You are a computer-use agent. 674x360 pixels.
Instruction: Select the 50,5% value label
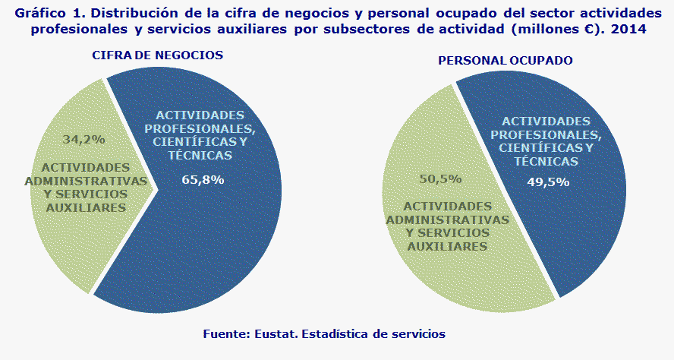[441, 179]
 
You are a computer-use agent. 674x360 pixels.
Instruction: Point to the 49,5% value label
[548, 182]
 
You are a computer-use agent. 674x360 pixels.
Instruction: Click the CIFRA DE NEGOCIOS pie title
[157, 56]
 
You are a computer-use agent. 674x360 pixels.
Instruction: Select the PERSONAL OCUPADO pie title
[505, 60]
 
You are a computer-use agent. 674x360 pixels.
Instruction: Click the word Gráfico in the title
[36, 12]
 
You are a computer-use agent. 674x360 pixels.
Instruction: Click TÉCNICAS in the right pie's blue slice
[546, 161]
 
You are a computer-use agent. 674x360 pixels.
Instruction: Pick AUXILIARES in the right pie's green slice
[447, 247]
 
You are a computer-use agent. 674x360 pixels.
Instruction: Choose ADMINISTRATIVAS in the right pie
[456, 219]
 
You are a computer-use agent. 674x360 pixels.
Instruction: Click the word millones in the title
[545, 28]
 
